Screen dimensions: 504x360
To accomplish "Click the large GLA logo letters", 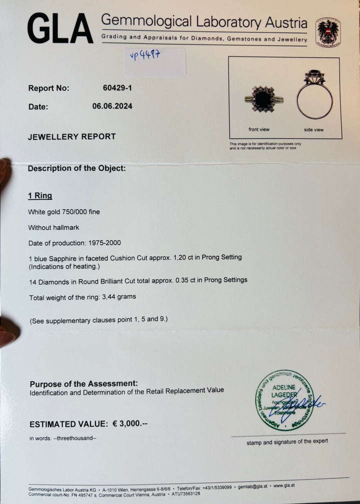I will [60, 29].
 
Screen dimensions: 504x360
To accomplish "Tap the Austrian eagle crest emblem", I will [327, 32].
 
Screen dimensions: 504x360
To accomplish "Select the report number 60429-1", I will [117, 88].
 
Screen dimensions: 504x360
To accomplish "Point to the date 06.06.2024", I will [112, 106].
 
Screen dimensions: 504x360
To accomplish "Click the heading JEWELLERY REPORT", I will [71, 137].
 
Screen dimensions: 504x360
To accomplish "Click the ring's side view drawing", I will [314, 96].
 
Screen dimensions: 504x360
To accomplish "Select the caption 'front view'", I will [259, 130].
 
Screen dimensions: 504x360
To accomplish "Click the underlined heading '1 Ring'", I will [40, 196].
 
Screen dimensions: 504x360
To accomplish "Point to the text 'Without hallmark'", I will [53, 227].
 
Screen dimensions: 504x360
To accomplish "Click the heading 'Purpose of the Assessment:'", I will [83, 383].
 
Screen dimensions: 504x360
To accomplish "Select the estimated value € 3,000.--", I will [130, 424].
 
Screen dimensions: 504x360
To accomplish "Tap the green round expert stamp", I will [284, 399].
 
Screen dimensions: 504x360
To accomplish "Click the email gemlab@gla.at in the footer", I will [251, 485].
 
